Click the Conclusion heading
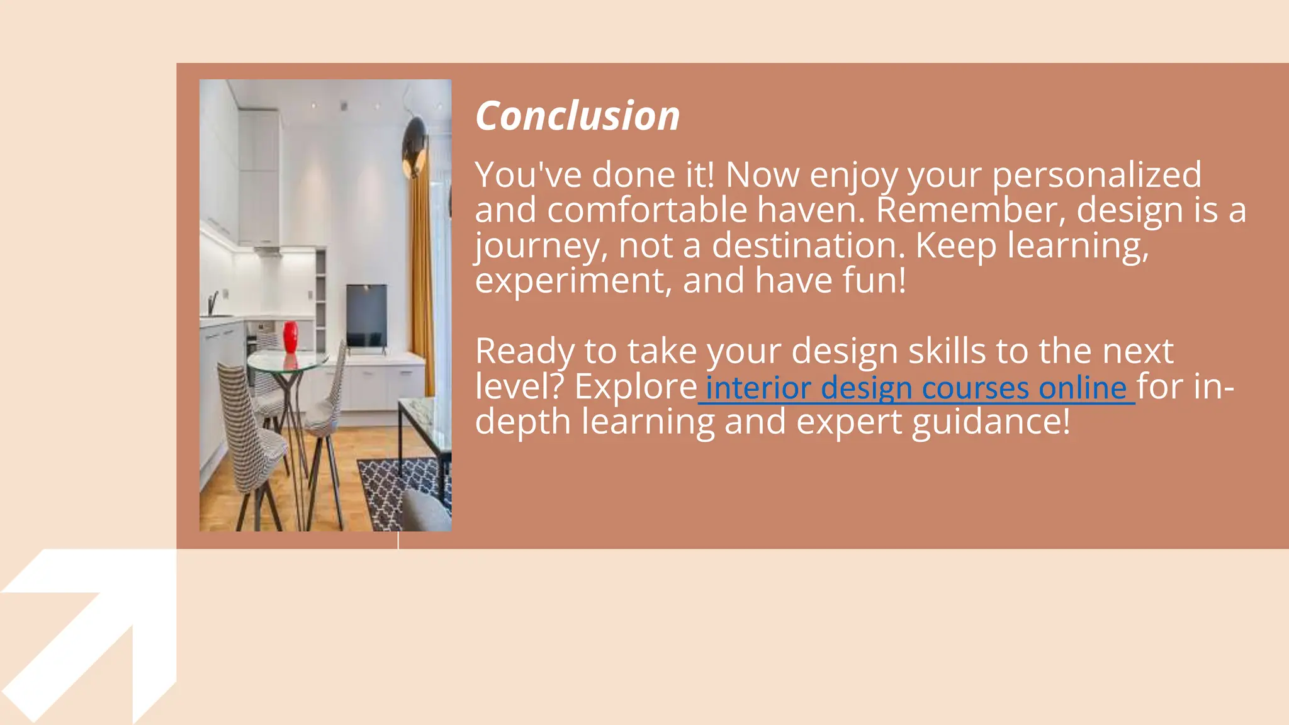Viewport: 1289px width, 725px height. point(577,116)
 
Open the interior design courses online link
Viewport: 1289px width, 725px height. point(916,388)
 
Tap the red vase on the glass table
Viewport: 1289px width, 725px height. point(290,338)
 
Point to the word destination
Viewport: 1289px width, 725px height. point(808,246)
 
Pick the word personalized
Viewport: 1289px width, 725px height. point(1096,175)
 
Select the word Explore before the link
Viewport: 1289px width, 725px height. point(635,387)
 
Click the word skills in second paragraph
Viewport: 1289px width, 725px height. point(947,351)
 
